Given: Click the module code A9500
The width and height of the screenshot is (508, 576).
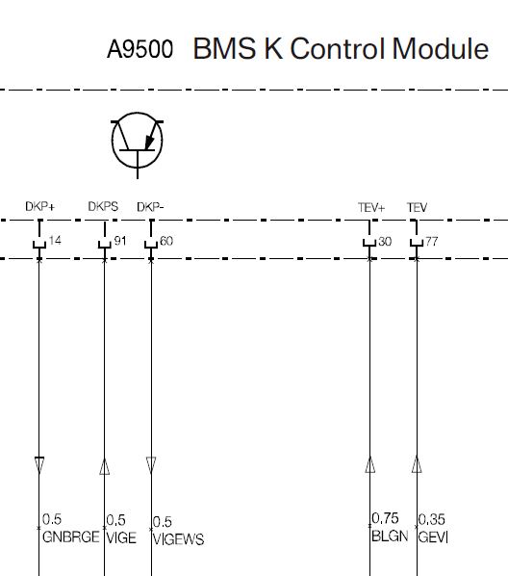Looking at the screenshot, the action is point(140,49).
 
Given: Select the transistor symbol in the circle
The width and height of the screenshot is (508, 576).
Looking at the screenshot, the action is point(138,144).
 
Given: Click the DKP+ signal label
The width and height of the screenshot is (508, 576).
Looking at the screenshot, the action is point(40,206).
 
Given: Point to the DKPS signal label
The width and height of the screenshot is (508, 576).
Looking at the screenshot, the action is point(103,206).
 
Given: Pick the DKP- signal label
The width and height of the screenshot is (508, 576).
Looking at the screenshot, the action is point(150,207).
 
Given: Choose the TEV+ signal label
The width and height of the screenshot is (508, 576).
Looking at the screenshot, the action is point(371,207).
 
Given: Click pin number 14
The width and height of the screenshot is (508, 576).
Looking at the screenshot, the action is point(55,241).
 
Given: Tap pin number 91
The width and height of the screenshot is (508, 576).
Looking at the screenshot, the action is point(120,241).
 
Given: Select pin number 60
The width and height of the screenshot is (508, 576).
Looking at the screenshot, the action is point(166,241).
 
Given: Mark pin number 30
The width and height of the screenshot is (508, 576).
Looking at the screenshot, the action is point(385,242).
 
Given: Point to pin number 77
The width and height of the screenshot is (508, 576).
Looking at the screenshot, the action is point(432,242).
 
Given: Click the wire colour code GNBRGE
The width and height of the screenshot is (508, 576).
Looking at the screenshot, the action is point(71,537).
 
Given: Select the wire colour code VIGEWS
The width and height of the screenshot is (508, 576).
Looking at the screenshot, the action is point(178,538).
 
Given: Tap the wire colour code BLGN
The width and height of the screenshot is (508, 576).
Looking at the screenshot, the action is point(390,536).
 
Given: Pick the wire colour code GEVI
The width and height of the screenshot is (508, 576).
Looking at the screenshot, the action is point(433,537).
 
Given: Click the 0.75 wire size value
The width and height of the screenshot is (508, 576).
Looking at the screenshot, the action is point(385,518).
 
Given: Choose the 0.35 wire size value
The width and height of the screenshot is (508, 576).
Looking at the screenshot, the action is point(432,519).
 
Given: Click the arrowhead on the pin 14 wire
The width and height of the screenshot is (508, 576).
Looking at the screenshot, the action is point(39,465).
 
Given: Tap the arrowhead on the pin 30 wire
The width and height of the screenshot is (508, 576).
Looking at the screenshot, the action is point(370,464).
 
